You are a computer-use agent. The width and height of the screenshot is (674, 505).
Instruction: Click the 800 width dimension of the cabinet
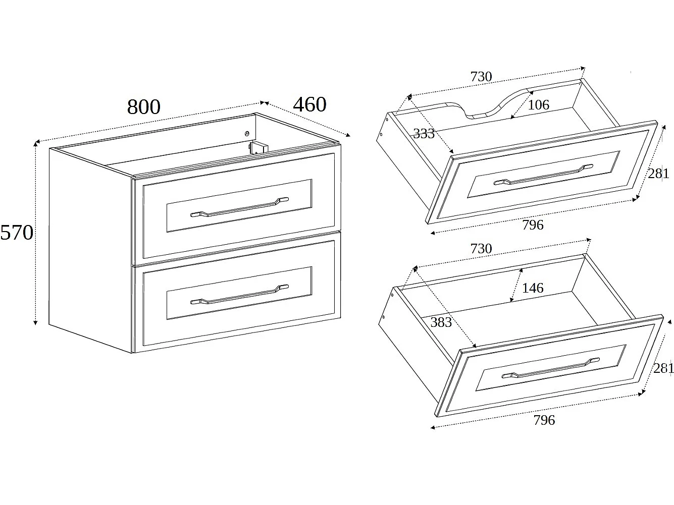click(144, 107)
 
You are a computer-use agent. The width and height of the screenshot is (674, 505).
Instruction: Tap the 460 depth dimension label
click(309, 104)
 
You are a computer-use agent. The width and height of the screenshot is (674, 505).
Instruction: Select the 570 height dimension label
click(17, 233)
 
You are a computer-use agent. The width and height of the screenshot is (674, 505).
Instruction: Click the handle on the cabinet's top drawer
click(239, 207)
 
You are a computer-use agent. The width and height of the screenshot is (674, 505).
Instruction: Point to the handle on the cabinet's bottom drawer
click(239, 295)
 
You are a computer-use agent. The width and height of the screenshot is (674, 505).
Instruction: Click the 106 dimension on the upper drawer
click(539, 105)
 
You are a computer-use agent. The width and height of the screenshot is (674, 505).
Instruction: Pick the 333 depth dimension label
click(424, 134)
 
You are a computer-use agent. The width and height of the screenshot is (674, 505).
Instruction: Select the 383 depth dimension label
click(441, 322)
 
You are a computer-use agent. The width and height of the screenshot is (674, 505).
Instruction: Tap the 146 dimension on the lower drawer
click(533, 288)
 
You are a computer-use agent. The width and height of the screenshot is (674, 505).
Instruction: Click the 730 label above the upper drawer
click(481, 76)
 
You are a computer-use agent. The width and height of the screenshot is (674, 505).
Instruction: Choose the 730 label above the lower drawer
click(481, 249)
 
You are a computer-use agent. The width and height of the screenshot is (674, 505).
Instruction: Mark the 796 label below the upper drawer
click(533, 225)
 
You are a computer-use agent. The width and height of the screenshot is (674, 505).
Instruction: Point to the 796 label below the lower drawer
click(544, 420)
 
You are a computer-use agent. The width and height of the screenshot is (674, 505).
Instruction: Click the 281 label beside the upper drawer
click(659, 174)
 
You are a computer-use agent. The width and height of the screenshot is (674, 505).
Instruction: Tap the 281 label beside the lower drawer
click(663, 368)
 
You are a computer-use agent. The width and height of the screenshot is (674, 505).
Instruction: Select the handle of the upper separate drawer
click(543, 175)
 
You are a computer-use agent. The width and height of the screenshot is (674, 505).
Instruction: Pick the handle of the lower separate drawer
click(551, 368)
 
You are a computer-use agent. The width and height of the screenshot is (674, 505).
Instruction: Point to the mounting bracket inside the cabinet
click(258, 148)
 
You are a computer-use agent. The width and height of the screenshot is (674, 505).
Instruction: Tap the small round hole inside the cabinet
click(247, 134)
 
